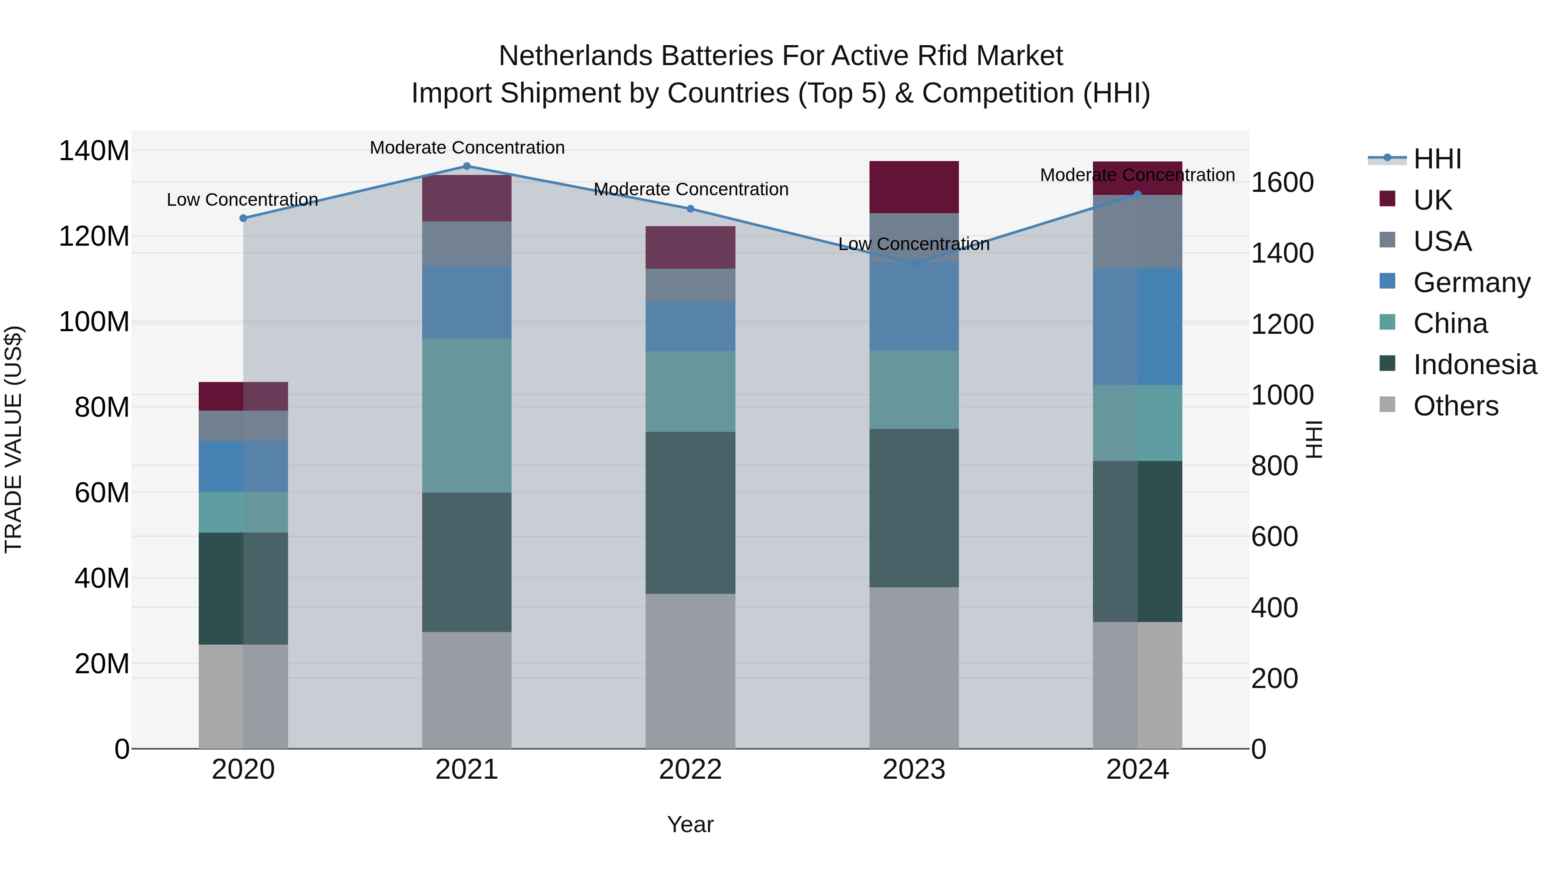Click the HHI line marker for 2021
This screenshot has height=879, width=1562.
(466, 166)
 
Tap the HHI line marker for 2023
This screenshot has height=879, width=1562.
(914, 263)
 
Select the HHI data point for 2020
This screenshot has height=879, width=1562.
(243, 218)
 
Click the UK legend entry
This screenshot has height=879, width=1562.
(1432, 200)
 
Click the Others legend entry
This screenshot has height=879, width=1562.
(1455, 406)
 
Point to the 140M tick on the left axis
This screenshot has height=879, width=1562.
(94, 151)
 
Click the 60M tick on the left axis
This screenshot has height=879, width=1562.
(101, 493)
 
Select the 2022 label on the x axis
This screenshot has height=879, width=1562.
(690, 770)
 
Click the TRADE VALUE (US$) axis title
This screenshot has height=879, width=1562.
(13, 439)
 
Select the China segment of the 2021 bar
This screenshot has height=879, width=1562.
(466, 415)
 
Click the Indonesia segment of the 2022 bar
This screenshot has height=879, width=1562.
(690, 513)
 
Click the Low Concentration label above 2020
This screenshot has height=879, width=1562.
(243, 200)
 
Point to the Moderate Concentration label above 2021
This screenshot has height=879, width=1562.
(467, 148)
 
